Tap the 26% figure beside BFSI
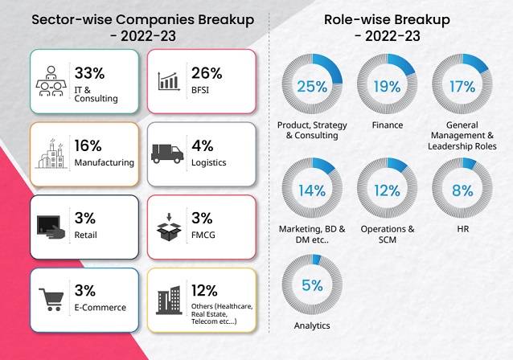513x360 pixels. click(207, 73)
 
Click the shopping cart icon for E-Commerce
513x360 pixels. click(51, 298)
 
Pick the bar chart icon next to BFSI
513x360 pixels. click(169, 80)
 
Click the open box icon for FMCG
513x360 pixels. click(169, 226)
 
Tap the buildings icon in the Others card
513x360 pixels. click(169, 301)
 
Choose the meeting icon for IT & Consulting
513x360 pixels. click(51, 81)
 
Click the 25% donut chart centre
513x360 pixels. click(312, 86)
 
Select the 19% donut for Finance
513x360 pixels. click(387, 86)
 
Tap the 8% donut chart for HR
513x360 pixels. click(462, 190)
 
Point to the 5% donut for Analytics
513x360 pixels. click(312, 285)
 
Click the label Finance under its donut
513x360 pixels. click(388, 125)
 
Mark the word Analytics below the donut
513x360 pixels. click(312, 325)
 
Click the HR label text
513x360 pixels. click(462, 229)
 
